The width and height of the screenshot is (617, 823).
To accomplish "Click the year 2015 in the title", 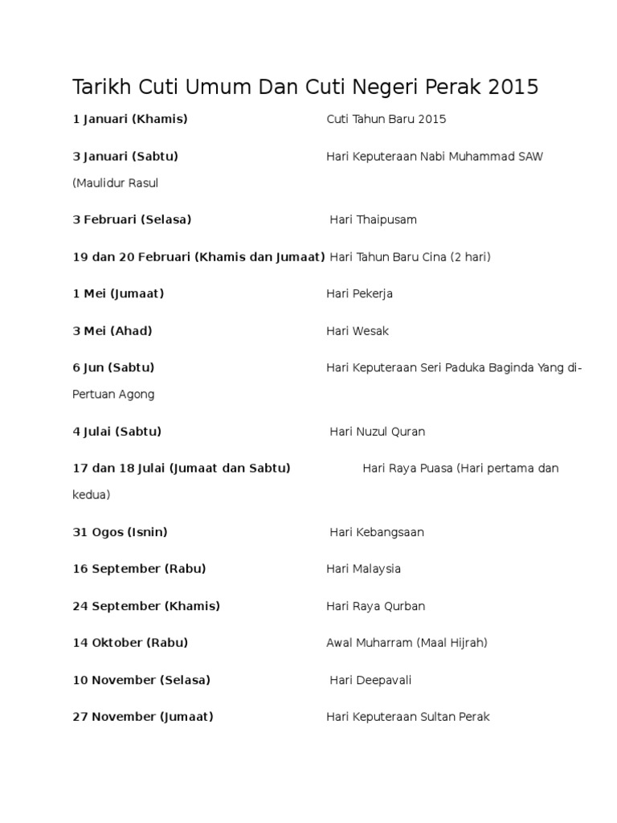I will [511, 87].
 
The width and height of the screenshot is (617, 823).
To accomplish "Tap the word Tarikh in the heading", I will [100, 87].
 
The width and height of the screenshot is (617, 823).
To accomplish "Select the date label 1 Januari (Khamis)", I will [130, 119].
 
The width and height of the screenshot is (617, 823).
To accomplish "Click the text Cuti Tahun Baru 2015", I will [386, 119].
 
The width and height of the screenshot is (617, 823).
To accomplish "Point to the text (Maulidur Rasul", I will [115, 182].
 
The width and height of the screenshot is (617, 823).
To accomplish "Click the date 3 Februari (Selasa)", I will [132, 219].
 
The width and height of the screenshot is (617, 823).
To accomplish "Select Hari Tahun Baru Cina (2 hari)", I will [410, 257].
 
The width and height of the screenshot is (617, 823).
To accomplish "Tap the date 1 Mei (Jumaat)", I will [118, 293].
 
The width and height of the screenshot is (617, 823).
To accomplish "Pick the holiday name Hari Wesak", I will [358, 330].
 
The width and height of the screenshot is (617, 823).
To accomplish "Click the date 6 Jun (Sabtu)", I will [113, 367].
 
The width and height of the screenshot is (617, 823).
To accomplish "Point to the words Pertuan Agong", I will [113, 395].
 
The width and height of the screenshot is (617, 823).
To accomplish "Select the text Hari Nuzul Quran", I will [378, 432].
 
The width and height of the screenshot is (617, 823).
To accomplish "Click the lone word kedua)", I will [91, 495].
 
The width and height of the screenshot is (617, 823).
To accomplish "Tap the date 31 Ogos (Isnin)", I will [120, 532].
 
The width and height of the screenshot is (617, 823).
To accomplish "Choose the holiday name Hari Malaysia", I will [363, 569].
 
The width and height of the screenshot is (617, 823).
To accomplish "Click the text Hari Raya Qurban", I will [375, 606].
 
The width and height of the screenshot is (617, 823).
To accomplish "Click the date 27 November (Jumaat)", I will [143, 717].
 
